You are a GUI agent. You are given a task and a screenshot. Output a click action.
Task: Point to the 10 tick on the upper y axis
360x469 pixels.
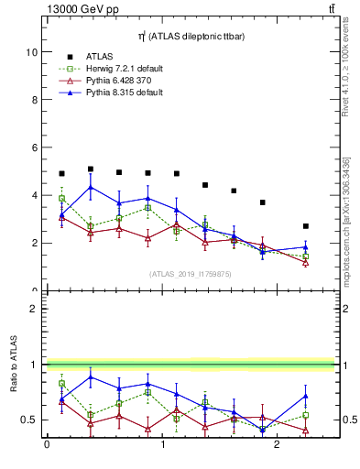coord(31,52)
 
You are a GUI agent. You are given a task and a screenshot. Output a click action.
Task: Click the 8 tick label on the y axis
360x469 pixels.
coord(34,100)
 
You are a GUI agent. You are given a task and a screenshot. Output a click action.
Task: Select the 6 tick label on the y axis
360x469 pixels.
coord(34,147)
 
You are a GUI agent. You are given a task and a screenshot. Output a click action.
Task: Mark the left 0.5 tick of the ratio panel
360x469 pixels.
coord(29,420)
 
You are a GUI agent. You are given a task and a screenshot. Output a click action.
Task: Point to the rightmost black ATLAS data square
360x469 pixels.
coord(306,226)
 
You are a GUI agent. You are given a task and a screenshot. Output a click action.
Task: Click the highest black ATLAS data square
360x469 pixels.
coord(91,169)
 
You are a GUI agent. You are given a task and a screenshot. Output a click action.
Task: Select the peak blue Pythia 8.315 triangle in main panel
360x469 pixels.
coord(91,188)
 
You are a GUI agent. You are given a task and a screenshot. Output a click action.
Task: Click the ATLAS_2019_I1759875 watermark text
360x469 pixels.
coord(191,273)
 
